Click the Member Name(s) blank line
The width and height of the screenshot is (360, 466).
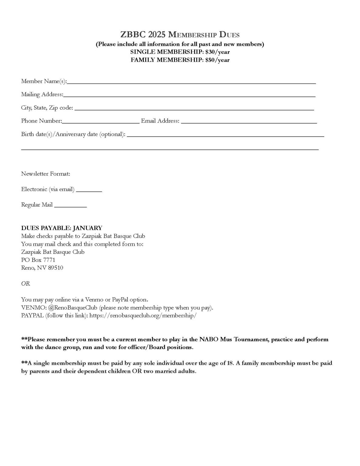click(191, 82)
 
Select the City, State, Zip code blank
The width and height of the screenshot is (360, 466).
click(194, 109)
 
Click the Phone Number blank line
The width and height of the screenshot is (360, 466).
click(100, 122)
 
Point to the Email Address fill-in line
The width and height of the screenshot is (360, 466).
click(249, 122)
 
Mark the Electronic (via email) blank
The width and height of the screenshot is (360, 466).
click(89, 191)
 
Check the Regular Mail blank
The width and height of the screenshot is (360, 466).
click(70, 206)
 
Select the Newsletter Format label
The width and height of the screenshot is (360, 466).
click(45, 174)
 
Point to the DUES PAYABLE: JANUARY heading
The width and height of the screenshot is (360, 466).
click(62, 228)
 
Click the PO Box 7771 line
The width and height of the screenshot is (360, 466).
click(38, 260)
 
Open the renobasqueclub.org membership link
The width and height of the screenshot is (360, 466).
click(143, 316)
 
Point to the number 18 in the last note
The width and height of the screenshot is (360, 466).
click(230, 363)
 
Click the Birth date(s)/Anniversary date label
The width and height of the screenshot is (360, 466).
click(73, 134)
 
